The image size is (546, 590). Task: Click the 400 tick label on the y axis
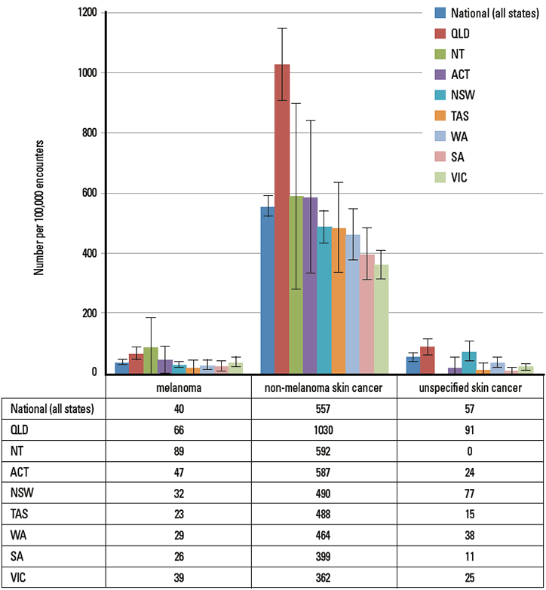tap(89, 253)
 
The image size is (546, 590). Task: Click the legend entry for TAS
tap(462, 116)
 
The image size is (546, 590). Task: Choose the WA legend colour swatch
tap(439, 137)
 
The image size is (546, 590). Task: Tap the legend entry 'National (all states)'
tap(489, 12)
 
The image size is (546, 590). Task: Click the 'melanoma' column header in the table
tap(179, 388)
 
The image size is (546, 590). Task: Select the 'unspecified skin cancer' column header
tap(471, 388)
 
